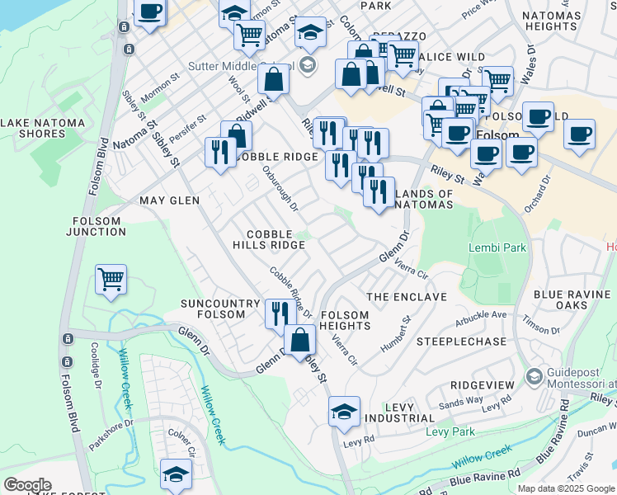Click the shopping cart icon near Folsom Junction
[111, 279]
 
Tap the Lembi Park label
[497, 247]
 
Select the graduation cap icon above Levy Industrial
[344, 411]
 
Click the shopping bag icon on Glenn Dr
[300, 338]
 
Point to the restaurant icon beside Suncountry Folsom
[280, 313]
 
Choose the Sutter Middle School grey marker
[307, 64]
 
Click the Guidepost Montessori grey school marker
[534, 376]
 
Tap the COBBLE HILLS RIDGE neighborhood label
[269, 239]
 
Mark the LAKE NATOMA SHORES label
[43, 128]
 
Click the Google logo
[27, 485]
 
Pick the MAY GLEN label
[170, 200]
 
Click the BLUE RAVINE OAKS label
[572, 300]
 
